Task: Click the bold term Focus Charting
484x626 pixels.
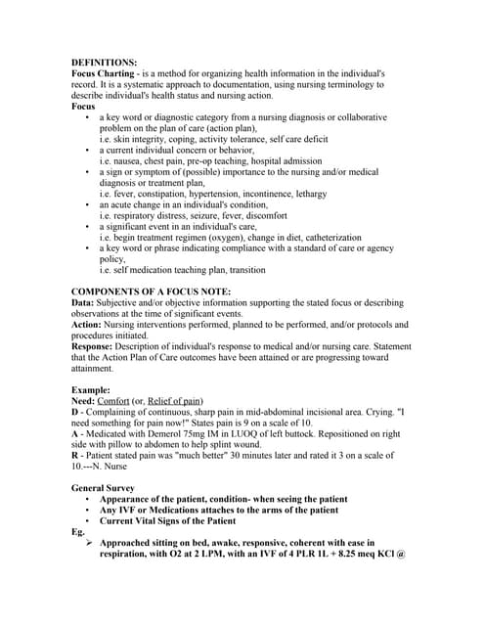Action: (x=105, y=73)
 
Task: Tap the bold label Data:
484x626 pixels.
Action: (x=83, y=304)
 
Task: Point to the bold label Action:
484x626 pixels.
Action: (x=89, y=325)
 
